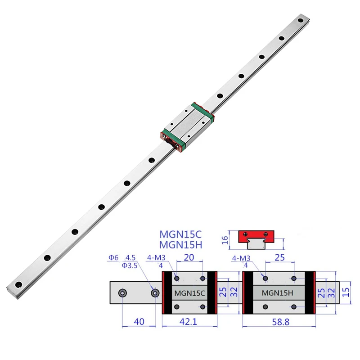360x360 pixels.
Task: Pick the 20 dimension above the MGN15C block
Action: [189, 258]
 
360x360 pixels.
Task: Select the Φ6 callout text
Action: [113, 258]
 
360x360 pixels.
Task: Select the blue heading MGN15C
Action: [181, 235]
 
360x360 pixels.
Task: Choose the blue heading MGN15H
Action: [181, 245]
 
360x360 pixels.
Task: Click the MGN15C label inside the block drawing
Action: [189, 293]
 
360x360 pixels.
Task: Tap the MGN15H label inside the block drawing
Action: [278, 293]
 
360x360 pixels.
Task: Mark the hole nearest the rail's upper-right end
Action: [301, 20]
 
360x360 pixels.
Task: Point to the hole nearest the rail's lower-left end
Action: [19, 284]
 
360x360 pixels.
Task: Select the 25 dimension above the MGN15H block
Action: [280, 258]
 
